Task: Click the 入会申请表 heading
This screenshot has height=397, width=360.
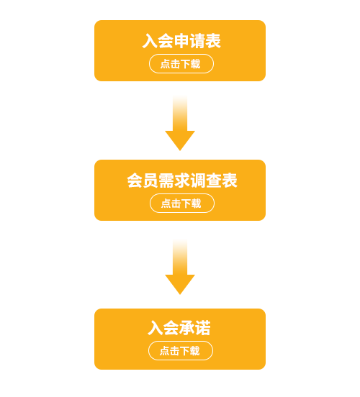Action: click(181, 41)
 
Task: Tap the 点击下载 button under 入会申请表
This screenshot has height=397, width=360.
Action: click(181, 63)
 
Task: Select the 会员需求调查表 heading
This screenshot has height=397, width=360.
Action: click(182, 181)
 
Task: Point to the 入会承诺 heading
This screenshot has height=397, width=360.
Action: click(179, 328)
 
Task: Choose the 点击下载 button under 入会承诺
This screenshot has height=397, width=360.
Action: click(181, 351)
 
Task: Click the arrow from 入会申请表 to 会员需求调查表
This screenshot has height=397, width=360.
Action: click(180, 123)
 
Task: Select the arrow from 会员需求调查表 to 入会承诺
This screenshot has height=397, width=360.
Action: click(180, 267)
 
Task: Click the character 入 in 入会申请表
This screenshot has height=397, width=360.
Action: click(150, 41)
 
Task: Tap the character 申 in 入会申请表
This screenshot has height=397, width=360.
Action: click(181, 41)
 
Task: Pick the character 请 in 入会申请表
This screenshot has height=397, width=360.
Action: click(197, 41)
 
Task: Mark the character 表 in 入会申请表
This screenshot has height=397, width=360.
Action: click(213, 41)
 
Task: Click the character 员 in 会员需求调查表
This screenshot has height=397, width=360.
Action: click(150, 181)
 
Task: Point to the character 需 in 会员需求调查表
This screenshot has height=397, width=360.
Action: click(166, 181)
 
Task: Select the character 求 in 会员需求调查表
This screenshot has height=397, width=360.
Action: click(182, 181)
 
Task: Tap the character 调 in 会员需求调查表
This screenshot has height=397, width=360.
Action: click(198, 181)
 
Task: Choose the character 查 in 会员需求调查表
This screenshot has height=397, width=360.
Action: click(214, 181)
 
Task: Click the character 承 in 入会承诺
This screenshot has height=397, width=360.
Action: click(187, 328)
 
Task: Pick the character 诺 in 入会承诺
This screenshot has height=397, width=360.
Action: click(203, 328)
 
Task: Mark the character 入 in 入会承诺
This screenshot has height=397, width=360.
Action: click(156, 328)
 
